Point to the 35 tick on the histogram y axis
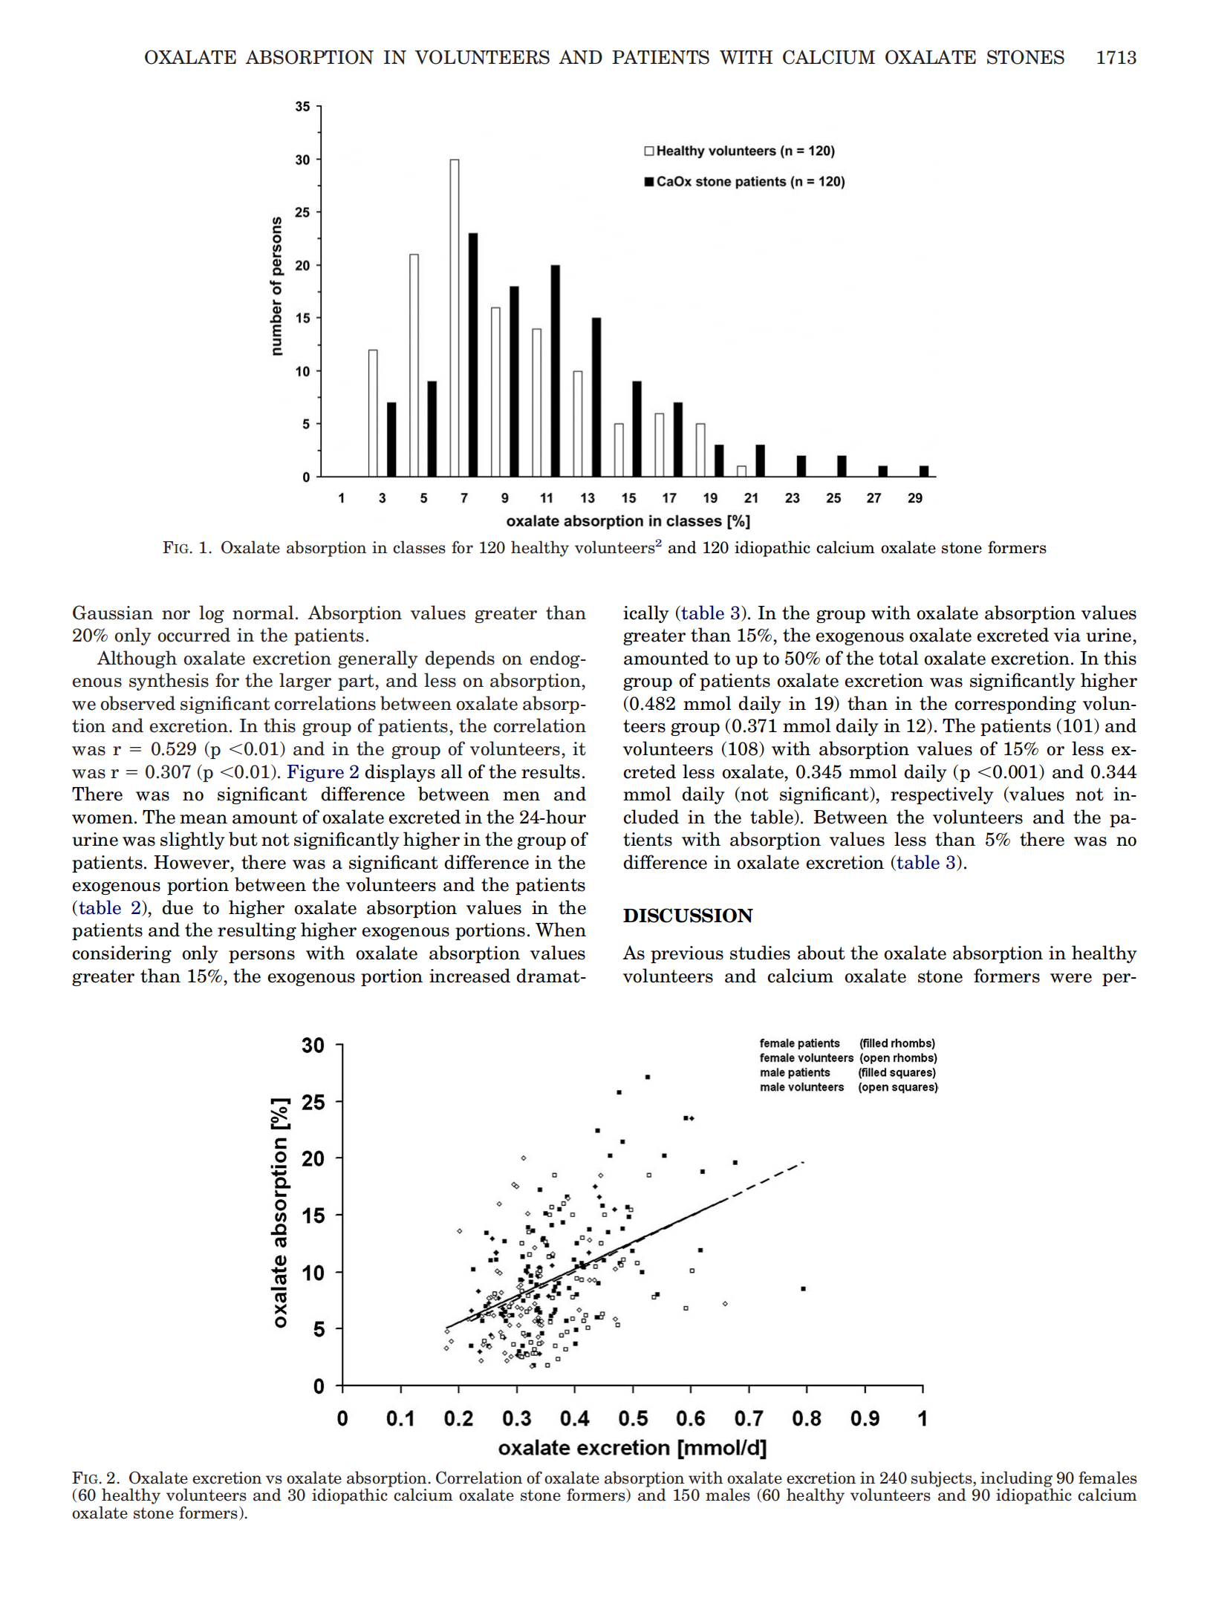pyautogui.click(x=302, y=107)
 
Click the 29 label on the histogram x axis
pyautogui.click(x=915, y=498)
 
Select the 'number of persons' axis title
pyautogui.click(x=276, y=286)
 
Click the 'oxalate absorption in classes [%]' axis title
pyautogui.click(x=628, y=521)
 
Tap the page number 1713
pyautogui.click(x=1116, y=57)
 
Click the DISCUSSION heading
pyautogui.click(x=688, y=916)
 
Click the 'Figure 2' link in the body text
pyautogui.click(x=322, y=772)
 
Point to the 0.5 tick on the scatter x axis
pyautogui.click(x=633, y=1419)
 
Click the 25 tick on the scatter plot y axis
pyautogui.click(x=313, y=1102)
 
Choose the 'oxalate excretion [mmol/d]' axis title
pyautogui.click(x=632, y=1448)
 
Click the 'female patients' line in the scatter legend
pyautogui.click(x=799, y=1043)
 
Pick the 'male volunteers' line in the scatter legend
pyautogui.click(x=801, y=1087)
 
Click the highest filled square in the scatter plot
pyautogui.click(x=648, y=1077)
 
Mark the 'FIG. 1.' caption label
pyautogui.click(x=187, y=548)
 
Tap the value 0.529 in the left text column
pyautogui.click(x=173, y=749)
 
